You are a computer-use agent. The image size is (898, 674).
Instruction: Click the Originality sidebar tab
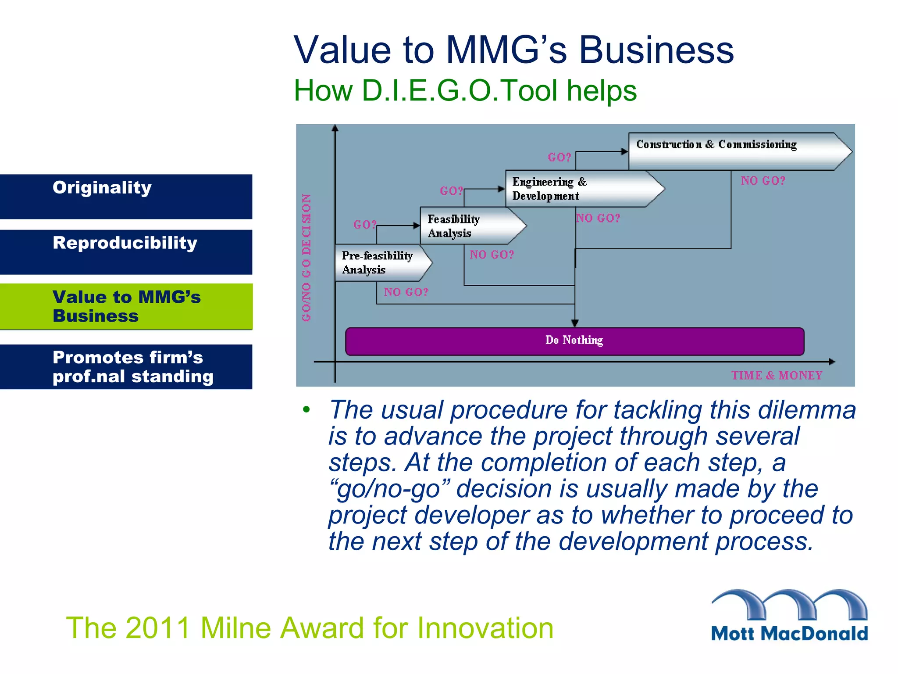pyautogui.click(x=126, y=197)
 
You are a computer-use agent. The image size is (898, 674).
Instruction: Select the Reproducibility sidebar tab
pyautogui.click(x=126, y=252)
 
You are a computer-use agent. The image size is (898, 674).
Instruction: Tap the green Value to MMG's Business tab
pyautogui.click(x=126, y=306)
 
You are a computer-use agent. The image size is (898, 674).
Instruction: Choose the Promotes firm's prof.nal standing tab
pyautogui.click(x=126, y=367)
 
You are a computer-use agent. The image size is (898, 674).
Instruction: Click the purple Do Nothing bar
pyautogui.click(x=574, y=341)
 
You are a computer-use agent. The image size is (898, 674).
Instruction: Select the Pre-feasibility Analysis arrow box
pyautogui.click(x=379, y=263)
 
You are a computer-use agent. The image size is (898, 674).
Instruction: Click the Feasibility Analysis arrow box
pyautogui.click(x=467, y=226)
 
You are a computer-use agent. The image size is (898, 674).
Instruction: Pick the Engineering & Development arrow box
pyautogui.click(x=579, y=189)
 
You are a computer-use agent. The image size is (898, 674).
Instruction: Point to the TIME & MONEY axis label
pyautogui.click(x=777, y=376)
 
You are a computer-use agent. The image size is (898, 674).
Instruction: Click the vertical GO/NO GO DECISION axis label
pyautogui.click(x=306, y=258)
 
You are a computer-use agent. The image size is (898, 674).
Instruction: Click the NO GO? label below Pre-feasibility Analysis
pyautogui.click(x=406, y=292)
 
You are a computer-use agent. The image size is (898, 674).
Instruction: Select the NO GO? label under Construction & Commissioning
pyautogui.click(x=763, y=181)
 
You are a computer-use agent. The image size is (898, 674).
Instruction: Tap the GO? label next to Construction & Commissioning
pyautogui.click(x=559, y=157)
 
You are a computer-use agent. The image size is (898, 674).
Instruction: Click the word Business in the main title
pyautogui.click(x=656, y=50)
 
